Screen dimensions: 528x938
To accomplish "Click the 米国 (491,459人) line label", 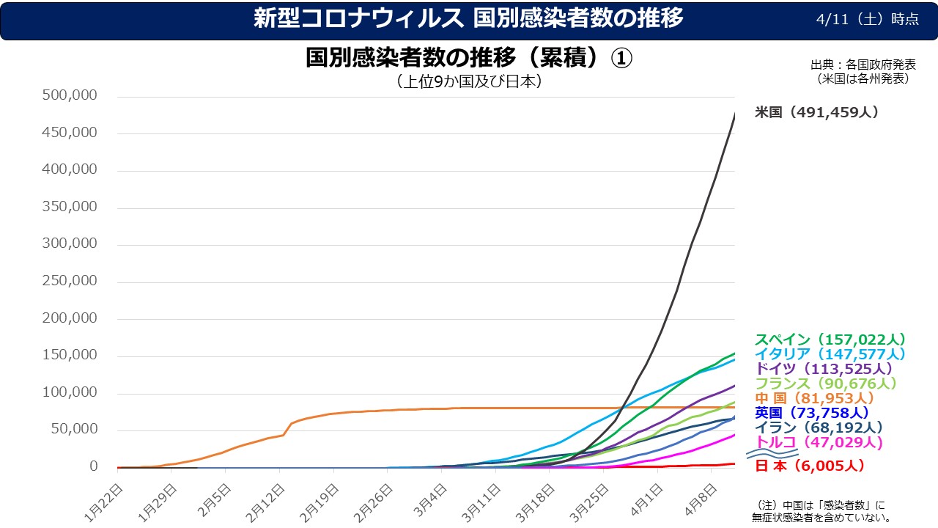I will tap(816, 112).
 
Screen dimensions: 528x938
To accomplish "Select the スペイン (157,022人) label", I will tap(830, 340).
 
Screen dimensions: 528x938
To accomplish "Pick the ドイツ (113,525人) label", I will tap(824, 369).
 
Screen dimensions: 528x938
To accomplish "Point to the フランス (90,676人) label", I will tap(826, 384).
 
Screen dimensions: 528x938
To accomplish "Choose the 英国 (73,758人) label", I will tap(811, 413).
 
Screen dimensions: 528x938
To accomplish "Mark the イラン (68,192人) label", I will tap(819, 428).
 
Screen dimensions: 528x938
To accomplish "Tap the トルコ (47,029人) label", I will tap(819, 442).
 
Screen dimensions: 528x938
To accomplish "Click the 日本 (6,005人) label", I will tap(810, 466).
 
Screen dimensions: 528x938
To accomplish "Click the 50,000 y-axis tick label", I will tap(75, 430).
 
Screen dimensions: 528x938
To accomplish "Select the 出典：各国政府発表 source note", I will tap(863, 64).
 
